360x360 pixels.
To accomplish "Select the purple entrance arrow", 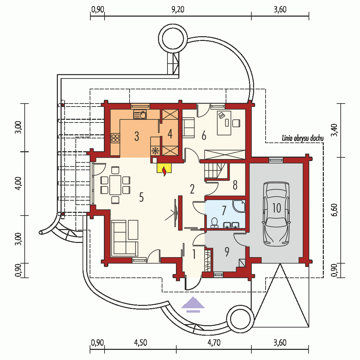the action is coord(193,305).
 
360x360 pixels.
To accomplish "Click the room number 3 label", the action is coord(137,136).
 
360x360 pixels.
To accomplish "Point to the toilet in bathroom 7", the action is coord(214,223).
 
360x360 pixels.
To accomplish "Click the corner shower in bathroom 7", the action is coord(239,206).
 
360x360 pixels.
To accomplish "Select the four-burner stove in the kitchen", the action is coord(115,138).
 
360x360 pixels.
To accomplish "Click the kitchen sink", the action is coord(140,114).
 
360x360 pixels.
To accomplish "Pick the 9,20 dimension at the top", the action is coord(178,9).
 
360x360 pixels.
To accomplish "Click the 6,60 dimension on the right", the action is coord(335,210).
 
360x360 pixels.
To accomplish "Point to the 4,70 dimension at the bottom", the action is coord(214,343).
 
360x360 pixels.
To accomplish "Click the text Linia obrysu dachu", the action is coord(302,138).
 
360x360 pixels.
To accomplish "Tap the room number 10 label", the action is coord(276,208).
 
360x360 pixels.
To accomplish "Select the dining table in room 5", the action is coord(115,185).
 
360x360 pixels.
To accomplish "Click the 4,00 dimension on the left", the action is coord(19,183).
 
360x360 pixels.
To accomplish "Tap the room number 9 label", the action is coord(227,252).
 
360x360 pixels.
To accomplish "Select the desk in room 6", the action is coord(224,123).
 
